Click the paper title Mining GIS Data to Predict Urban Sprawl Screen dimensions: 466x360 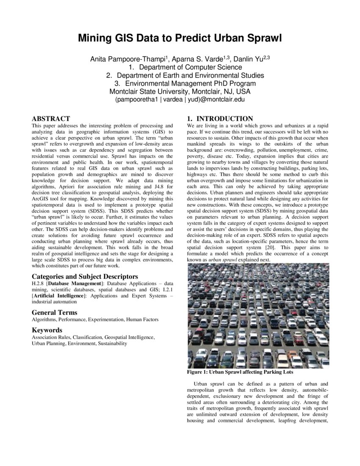pos(180,39)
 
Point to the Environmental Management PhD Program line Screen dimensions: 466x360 pos(190,83)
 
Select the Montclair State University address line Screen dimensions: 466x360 pos(180,92)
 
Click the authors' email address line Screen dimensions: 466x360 pos(180,100)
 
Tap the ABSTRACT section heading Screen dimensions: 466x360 pos(51,119)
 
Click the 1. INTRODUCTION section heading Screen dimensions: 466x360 pos(220,119)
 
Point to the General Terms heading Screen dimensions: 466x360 pos(54,313)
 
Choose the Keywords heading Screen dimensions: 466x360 pos(47,330)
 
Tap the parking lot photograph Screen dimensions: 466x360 pos(258,316)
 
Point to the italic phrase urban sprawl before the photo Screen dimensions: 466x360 pos(225,259)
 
